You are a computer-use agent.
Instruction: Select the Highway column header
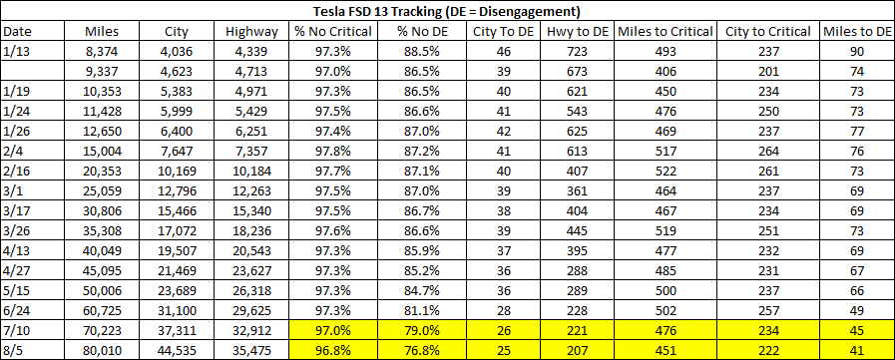coord(251,31)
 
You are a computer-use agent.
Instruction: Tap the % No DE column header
coord(418,31)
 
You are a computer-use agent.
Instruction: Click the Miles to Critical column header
coord(666,31)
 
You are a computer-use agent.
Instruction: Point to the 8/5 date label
coord(13,351)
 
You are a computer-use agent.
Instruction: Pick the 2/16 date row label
coord(15,186)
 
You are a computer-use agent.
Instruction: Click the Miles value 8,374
coord(105,51)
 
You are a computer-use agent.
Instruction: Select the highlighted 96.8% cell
coord(333,351)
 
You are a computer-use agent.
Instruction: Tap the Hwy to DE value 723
coord(578,51)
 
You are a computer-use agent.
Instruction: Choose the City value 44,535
coord(176,351)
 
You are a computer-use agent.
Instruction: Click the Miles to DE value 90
coord(857,51)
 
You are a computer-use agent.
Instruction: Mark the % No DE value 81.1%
coord(418,311)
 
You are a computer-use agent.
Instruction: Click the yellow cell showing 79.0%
coord(418,331)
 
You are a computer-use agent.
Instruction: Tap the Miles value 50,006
coord(105,291)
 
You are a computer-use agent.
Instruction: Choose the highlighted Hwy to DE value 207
coord(578,351)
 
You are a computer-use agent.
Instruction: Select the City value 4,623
coord(176,72)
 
